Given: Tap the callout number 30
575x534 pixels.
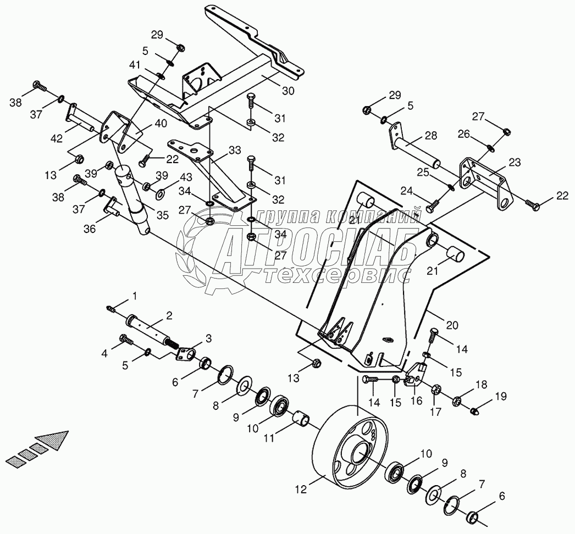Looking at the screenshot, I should point(288,90).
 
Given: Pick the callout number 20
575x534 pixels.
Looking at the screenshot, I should point(451,325).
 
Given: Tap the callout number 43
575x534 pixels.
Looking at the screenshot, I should point(185,177).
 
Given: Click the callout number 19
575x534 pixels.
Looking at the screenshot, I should point(500,396).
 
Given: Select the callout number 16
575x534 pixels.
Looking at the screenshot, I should point(417,401).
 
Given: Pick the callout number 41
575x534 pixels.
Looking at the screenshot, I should point(135,65).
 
